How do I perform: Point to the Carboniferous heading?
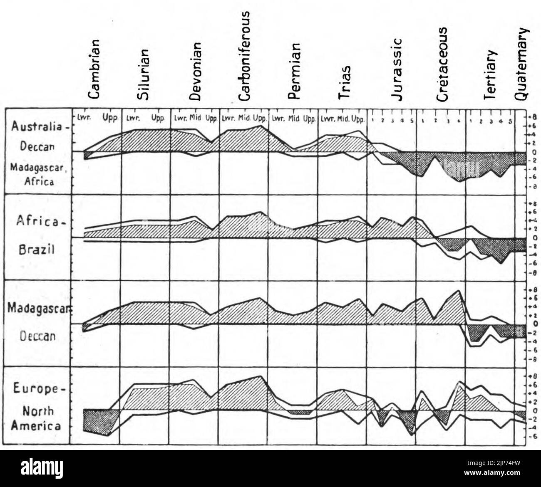(x=244, y=56)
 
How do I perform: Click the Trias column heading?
(x=343, y=82)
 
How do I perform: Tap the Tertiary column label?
(x=491, y=74)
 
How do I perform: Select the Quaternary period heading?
(x=521, y=64)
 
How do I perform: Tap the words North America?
(x=36, y=418)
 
